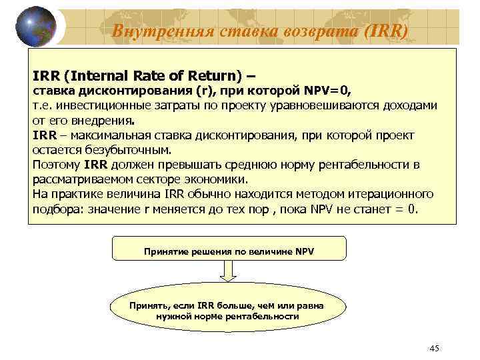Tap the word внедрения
tap(105, 121)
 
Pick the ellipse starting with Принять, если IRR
tap(228, 311)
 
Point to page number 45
tap(435, 349)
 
